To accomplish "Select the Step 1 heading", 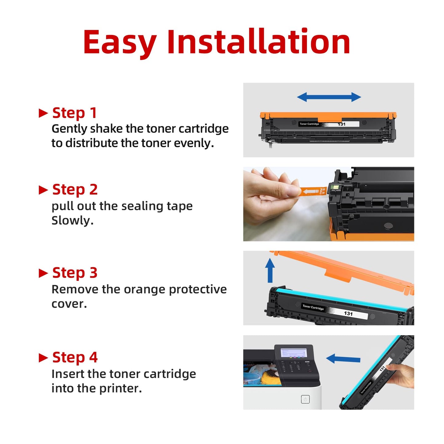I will pos(75,113).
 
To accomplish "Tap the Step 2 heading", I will pos(75,190).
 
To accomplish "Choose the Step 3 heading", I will pos(75,273).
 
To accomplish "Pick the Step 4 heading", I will pos(75,357).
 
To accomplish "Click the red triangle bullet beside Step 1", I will pos(43,113).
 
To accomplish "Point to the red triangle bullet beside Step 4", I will pos(43,358).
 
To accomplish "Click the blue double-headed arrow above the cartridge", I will pos(329,97).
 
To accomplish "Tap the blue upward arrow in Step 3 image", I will pos(270,270).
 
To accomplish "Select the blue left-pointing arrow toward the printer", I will pos(343,359).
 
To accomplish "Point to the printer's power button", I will pos(305,399).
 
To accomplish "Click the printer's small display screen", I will pos(294,352).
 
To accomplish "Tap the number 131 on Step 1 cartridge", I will pos(342,124).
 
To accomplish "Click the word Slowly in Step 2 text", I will pos(72,221).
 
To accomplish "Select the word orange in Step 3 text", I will pos(144,289).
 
